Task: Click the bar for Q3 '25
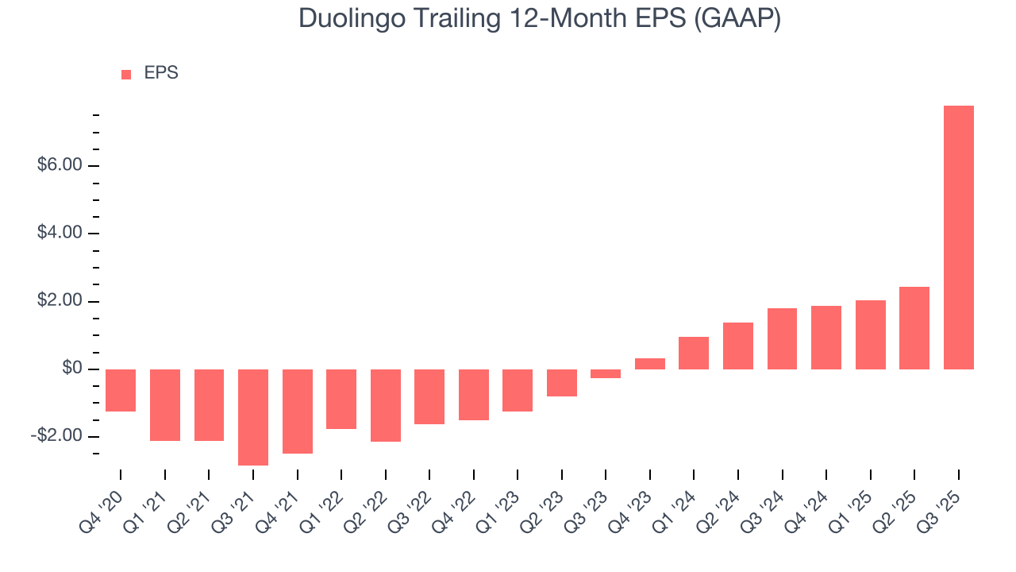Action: tap(958, 238)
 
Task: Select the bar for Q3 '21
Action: tap(253, 417)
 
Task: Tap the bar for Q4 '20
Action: tap(121, 390)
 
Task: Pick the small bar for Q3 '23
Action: tap(606, 373)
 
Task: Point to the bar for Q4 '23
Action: tap(650, 364)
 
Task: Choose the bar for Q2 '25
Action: tap(914, 328)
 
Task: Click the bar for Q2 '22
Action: tap(386, 405)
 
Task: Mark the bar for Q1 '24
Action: tap(694, 354)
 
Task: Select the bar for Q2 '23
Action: tap(562, 383)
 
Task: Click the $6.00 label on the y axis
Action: tap(60, 165)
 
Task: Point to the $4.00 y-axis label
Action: tap(60, 234)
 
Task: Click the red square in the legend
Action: tap(126, 75)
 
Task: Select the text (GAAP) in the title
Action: tap(737, 19)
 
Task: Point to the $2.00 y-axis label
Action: tap(60, 301)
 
